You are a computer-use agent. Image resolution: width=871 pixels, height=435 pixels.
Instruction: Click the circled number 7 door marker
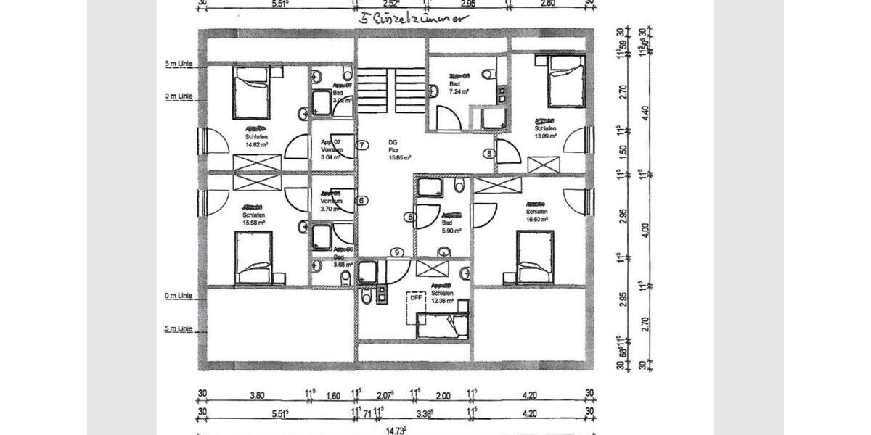pos(362,144)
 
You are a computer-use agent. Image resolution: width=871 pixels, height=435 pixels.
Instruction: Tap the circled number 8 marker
pos(489,153)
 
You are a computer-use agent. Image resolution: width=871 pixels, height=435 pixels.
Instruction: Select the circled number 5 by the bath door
pos(410,216)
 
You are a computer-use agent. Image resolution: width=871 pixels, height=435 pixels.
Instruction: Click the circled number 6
pos(362,200)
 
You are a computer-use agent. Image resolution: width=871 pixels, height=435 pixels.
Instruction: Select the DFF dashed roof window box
pos(415,298)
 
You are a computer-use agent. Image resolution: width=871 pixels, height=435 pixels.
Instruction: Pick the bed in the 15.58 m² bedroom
pos(254,257)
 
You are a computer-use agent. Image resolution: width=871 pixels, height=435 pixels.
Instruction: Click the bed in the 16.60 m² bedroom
pos(535,257)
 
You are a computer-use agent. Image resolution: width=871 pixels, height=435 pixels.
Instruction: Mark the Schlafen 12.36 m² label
pos(442,294)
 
